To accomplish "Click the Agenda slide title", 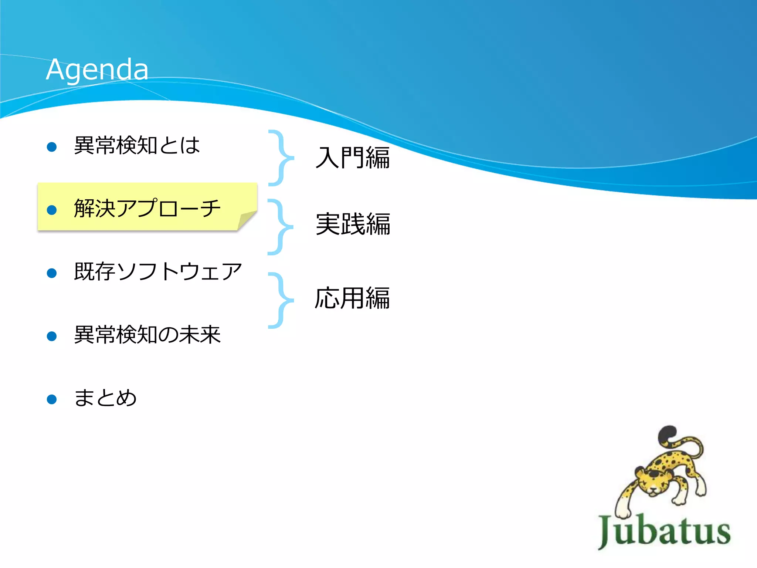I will coord(97,70).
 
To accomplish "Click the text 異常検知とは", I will coord(137,145).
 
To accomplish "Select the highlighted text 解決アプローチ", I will coord(147,208).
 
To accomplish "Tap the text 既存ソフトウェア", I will coord(158,272).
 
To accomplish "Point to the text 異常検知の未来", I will coord(147,335).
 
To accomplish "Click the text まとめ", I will coord(105,398).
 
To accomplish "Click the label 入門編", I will coord(353,158).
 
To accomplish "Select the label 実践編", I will coord(353,224).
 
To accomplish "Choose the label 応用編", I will coord(352,298).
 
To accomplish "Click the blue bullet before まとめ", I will coord(52,399).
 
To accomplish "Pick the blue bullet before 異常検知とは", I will coord(52,147).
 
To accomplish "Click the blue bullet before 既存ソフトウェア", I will coord(52,273).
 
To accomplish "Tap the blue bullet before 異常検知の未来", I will coord(52,337).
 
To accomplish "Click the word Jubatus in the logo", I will coord(664,531).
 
